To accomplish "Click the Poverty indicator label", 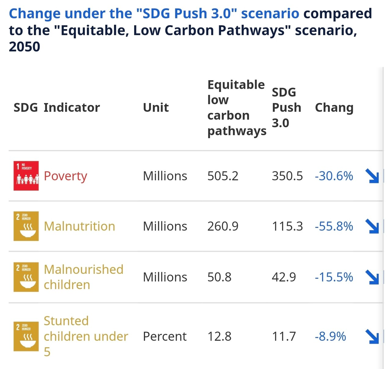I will click(x=65, y=176).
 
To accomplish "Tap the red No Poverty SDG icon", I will click(x=26, y=176).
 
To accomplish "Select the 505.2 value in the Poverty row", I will click(x=223, y=176).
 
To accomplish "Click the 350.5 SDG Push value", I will click(x=287, y=176).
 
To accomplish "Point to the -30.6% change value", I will click(x=334, y=176).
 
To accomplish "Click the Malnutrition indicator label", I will click(x=79, y=226).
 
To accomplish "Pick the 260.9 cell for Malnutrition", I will click(x=223, y=226).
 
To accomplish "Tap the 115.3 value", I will click(x=287, y=226).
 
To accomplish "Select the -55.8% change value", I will click(x=334, y=226).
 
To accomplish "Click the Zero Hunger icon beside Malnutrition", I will click(x=26, y=226).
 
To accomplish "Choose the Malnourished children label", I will click(x=83, y=277).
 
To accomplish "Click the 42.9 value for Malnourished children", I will click(x=284, y=277).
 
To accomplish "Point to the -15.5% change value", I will click(x=334, y=277).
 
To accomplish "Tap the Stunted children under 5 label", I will click(x=86, y=336).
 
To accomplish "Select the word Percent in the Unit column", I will click(x=165, y=337).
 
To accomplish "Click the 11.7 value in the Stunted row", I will click(x=284, y=337).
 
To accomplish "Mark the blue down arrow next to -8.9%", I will click(x=372, y=336).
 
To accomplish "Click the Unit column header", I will click(x=156, y=108).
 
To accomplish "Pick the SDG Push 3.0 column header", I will click(x=286, y=108).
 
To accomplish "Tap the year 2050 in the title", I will click(x=24, y=47).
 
